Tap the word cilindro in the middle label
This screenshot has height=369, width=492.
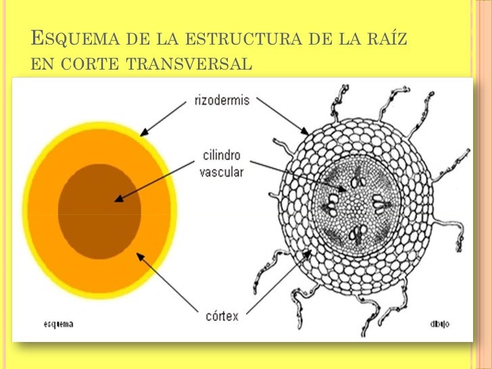coord(221,156)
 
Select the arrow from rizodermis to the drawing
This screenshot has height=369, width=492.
coord(282,116)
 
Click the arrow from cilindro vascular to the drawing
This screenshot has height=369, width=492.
coord(297,172)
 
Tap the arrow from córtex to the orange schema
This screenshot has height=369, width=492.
coord(169,284)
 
